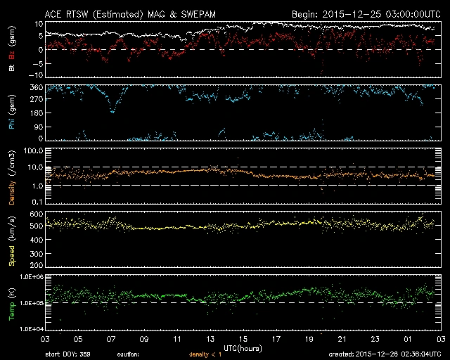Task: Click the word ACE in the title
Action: coord(53,13)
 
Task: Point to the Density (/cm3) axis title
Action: coord(12,179)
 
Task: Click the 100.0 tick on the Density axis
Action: coord(31,151)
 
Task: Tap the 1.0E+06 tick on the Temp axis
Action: coord(28,277)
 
